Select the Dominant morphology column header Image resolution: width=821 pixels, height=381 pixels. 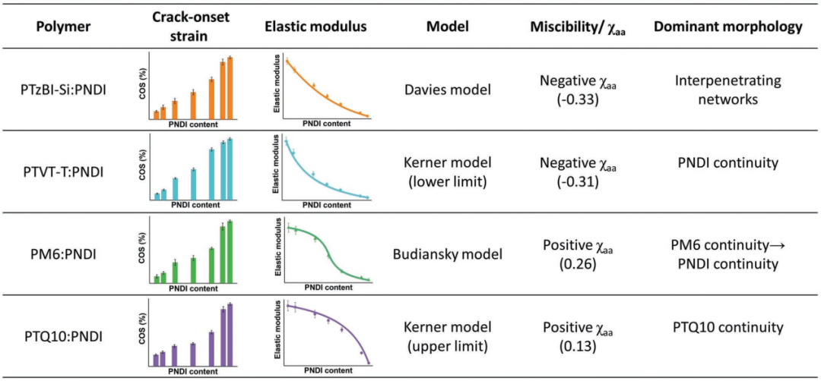coord(727,27)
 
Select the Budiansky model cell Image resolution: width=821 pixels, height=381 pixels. coord(448,253)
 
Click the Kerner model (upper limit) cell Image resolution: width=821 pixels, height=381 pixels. coord(448,335)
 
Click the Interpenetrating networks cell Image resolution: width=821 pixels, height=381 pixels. coord(727,90)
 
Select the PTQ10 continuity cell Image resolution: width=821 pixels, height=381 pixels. coord(727,327)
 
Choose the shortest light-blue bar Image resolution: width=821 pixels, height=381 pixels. coord(157,196)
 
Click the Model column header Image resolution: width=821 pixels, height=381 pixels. coord(448,27)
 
